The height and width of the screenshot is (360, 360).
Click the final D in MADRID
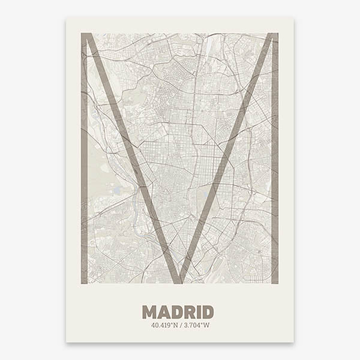tap(207, 312)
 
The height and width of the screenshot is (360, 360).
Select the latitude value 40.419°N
tap(163, 326)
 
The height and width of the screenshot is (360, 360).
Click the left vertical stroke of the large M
tap(85, 156)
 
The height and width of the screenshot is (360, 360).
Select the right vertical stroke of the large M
tap(275, 156)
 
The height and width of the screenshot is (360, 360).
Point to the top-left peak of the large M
tap(86, 35)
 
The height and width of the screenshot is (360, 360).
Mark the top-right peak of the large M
tap(274, 35)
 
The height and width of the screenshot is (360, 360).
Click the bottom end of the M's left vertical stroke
tap(85, 281)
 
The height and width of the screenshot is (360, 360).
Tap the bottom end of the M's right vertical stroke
tap(275, 281)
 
